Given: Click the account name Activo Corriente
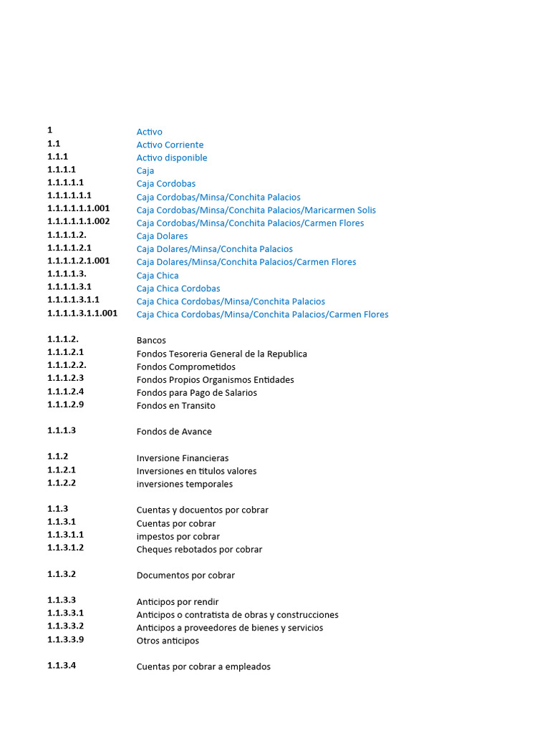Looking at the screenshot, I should tap(170, 145).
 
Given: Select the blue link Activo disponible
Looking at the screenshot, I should tap(172, 157).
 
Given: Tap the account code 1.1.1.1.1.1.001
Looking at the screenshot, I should tap(79, 208).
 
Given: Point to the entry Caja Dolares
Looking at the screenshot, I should tap(162, 236).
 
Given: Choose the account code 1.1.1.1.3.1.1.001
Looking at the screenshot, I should tap(82, 313).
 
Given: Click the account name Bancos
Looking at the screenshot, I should tap(151, 341).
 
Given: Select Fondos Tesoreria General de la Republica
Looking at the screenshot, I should tap(221, 354).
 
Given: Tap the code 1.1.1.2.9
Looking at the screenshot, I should tap(65, 404).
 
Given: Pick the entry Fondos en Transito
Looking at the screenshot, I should tap(175, 406).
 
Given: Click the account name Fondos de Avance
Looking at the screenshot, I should tap(174, 432).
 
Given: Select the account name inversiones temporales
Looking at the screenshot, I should tap(184, 484).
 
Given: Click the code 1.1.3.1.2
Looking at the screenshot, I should tap(65, 548).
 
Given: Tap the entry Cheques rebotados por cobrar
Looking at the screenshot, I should tap(199, 550).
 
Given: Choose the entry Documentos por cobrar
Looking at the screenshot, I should tap(185, 576).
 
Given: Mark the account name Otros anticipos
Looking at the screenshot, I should tap(168, 641).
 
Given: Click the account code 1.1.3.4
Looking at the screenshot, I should tap(62, 665).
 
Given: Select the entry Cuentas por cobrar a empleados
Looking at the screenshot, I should tap(203, 666).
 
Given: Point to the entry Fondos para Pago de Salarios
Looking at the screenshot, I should tap(196, 393).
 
